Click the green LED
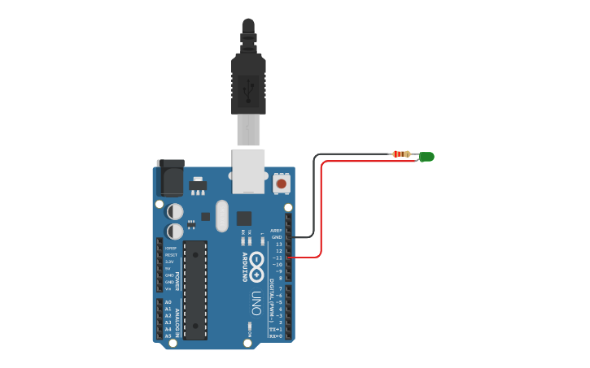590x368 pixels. pyautogui.click(x=427, y=157)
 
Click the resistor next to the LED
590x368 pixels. pyautogui.click(x=400, y=154)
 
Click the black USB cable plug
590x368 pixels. pyautogui.click(x=248, y=81)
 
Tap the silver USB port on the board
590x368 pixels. pyautogui.click(x=248, y=171)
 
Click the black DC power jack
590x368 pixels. pyautogui.click(x=171, y=177)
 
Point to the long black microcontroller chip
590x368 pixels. pyautogui.click(x=195, y=288)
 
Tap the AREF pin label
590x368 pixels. pyautogui.click(x=277, y=230)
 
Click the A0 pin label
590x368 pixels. pyautogui.click(x=168, y=302)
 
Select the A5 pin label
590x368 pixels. pyautogui.click(x=168, y=336)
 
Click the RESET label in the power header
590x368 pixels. pyautogui.click(x=171, y=255)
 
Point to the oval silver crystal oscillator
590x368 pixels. pyautogui.click(x=222, y=215)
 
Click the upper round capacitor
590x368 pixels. pyautogui.click(x=175, y=211)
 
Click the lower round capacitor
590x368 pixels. pyautogui.click(x=175, y=232)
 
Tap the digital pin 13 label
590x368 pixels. pyautogui.click(x=278, y=244)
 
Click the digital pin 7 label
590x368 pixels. pyautogui.click(x=279, y=288)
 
